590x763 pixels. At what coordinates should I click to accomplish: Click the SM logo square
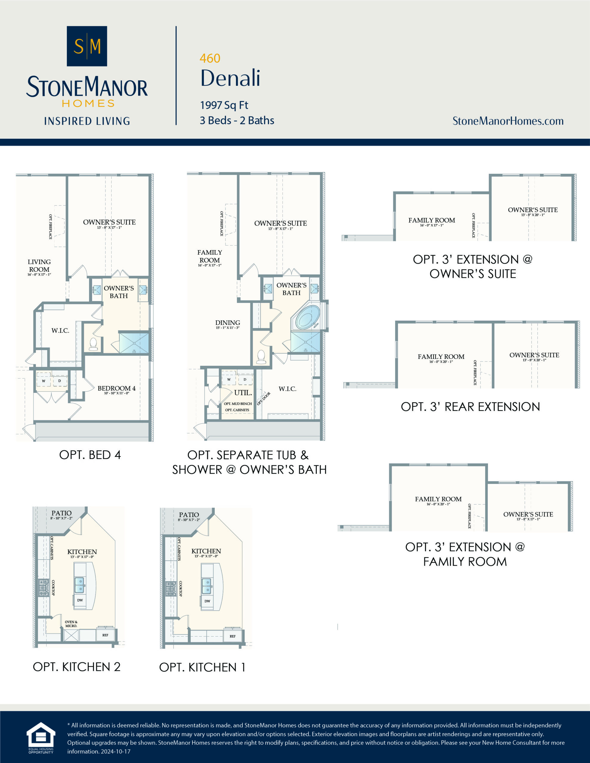tap(87, 46)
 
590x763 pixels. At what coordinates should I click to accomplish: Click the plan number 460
tap(210, 58)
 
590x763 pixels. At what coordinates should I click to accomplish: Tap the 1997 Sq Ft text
tap(224, 105)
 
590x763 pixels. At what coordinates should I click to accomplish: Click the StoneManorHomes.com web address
tap(508, 121)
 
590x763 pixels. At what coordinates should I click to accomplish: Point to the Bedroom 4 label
tap(116, 388)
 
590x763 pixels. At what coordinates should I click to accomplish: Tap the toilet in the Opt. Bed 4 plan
tap(93, 344)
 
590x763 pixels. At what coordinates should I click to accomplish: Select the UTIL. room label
tap(243, 393)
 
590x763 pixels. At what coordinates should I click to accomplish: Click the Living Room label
tap(39, 266)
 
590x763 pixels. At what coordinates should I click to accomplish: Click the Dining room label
tap(227, 323)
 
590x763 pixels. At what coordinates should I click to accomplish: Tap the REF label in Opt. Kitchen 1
tap(233, 636)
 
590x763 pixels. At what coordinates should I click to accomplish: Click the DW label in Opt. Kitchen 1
tap(207, 601)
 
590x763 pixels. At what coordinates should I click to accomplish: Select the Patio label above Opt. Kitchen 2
tap(61, 513)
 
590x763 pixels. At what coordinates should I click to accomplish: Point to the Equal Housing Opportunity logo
tap(41, 737)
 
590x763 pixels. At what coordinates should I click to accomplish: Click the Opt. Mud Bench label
tap(237, 404)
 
